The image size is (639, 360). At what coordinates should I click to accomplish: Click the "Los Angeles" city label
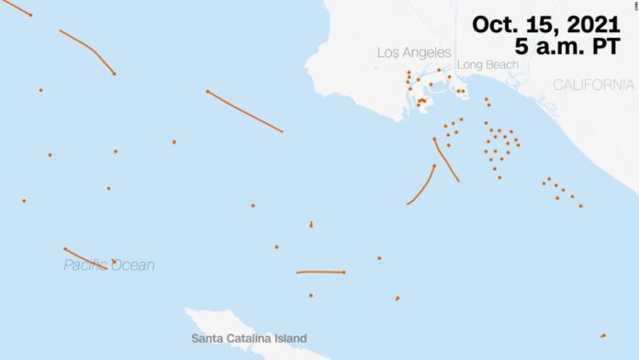(x=414, y=52)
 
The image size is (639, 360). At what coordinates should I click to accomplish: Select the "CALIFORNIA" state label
(x=593, y=84)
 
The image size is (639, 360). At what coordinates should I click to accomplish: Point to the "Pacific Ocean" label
(x=108, y=265)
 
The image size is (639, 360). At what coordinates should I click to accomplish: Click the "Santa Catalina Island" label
(x=249, y=338)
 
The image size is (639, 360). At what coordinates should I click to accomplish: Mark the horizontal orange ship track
(x=319, y=272)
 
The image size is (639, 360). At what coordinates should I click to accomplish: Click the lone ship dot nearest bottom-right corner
(x=602, y=335)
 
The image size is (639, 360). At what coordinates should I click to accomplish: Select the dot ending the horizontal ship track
(x=343, y=272)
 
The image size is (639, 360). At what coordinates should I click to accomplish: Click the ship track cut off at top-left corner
(x=17, y=8)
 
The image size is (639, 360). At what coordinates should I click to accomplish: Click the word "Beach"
(x=501, y=65)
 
